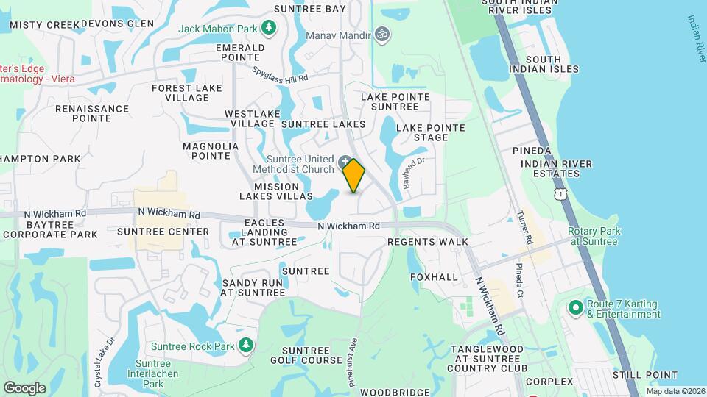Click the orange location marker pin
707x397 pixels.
(x=354, y=176)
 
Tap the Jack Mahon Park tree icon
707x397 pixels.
(x=269, y=27)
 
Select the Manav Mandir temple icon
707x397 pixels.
(x=381, y=33)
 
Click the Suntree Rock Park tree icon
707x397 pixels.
(x=246, y=346)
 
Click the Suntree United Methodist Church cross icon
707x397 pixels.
(x=345, y=161)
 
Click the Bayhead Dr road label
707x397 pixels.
(x=412, y=171)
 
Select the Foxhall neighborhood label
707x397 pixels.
(x=434, y=277)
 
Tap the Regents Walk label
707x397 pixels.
(x=427, y=241)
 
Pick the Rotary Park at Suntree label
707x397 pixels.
(x=594, y=236)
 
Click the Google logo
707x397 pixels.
(x=24, y=387)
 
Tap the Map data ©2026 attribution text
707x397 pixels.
(x=675, y=391)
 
